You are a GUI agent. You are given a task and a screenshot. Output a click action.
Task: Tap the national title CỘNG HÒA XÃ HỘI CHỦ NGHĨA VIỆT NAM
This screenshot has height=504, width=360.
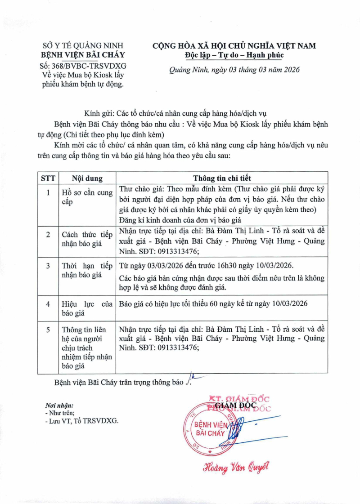(x=234, y=45)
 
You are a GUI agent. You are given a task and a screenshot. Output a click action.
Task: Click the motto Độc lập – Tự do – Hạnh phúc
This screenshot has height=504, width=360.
(x=234, y=55)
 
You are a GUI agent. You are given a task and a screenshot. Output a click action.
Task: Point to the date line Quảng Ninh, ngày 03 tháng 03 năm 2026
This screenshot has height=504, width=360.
(x=234, y=70)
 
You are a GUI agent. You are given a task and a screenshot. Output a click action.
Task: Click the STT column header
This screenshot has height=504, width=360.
(x=48, y=178)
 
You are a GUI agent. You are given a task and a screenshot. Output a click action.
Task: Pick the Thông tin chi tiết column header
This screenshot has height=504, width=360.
(x=222, y=178)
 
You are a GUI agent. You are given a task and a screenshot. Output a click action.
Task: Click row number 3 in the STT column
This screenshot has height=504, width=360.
(x=48, y=265)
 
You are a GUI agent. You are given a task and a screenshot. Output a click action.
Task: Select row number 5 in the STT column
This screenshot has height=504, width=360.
(x=48, y=330)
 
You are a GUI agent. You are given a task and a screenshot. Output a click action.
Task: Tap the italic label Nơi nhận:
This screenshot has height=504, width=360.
(x=59, y=405)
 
